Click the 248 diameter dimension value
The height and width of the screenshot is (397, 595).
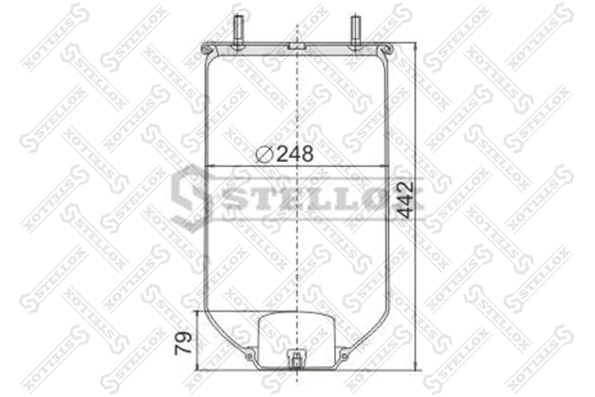coord(295,154)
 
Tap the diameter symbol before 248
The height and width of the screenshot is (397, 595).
coord(264,154)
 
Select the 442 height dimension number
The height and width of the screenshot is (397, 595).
coord(406,200)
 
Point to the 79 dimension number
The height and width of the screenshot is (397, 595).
coord(183,343)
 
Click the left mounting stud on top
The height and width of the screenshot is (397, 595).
coord(239,32)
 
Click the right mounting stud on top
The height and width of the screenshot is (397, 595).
coord(355,32)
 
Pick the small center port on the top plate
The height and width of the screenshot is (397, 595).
coord(297,46)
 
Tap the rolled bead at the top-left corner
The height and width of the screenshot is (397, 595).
coord(206,50)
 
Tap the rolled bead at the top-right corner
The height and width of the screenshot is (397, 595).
coord(388,50)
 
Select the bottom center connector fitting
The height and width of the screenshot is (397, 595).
coord(297,359)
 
